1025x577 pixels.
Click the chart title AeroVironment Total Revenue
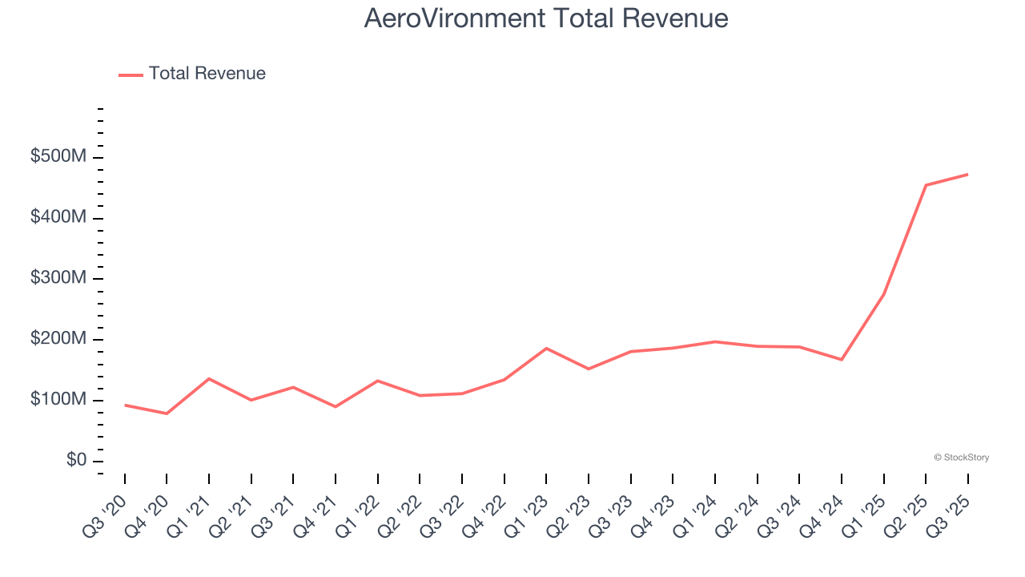tap(546, 18)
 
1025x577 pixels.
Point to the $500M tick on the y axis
tap(58, 157)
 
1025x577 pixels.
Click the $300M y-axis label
tap(58, 278)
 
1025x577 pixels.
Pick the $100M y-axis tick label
tap(58, 400)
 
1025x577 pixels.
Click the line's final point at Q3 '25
tap(967, 174)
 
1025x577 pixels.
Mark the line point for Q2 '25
tap(926, 185)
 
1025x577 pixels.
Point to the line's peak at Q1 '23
tap(546, 348)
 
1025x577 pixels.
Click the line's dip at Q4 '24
tap(842, 359)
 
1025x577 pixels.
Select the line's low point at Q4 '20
tap(167, 414)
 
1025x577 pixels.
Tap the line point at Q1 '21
tap(209, 378)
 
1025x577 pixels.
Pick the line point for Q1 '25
tap(883, 294)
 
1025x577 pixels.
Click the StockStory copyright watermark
tap(961, 458)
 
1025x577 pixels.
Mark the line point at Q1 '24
tap(714, 341)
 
